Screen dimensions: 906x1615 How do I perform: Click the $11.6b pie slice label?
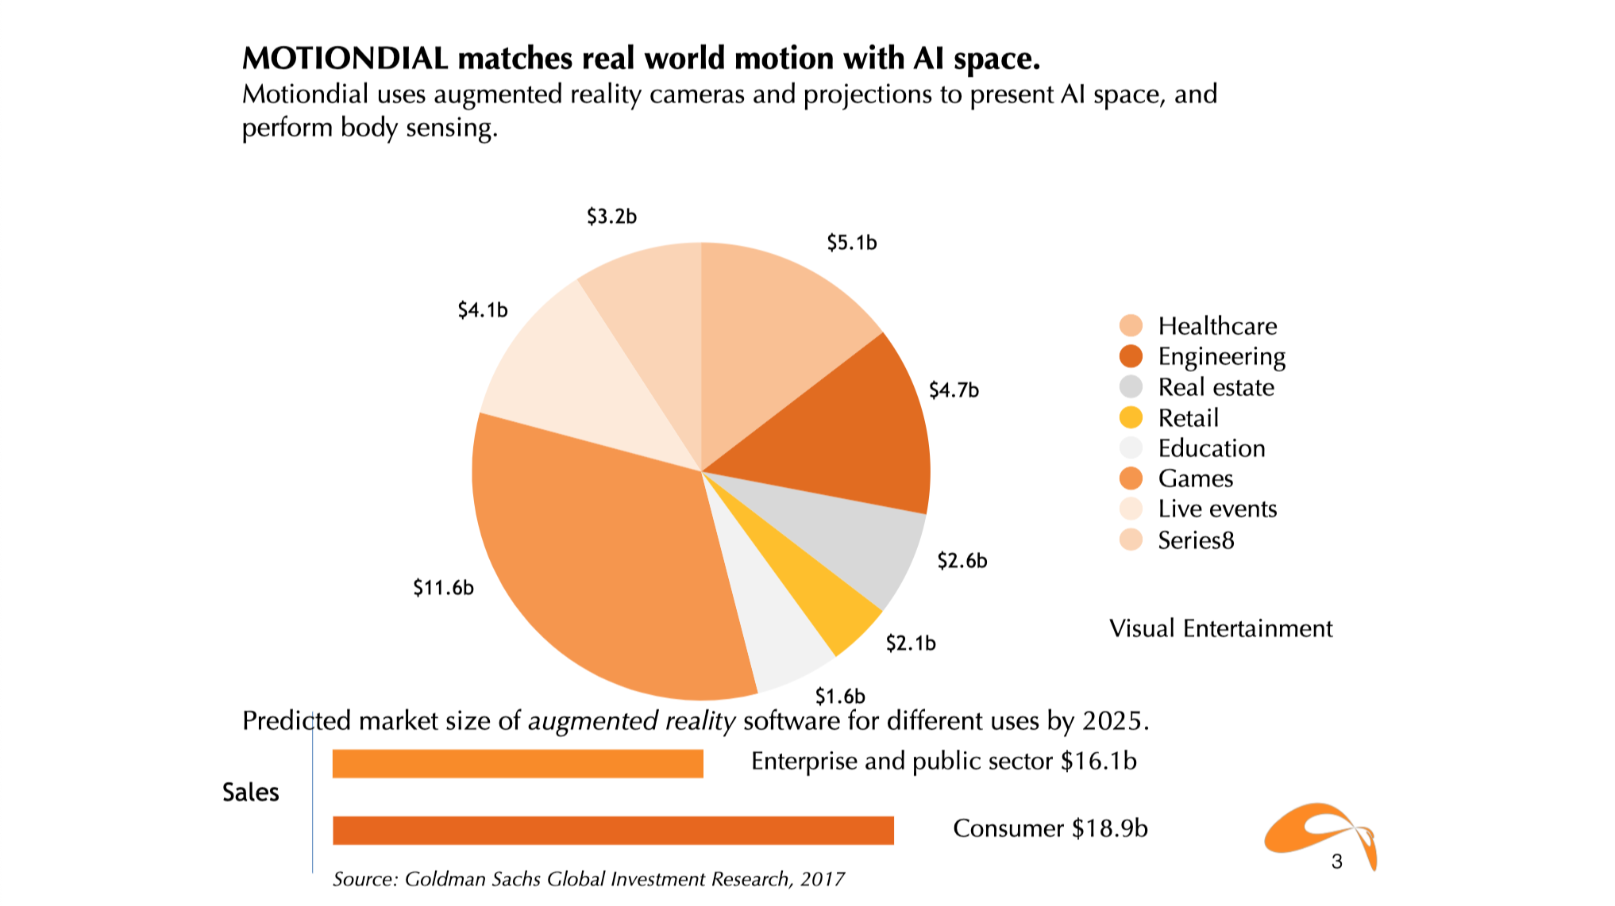click(443, 588)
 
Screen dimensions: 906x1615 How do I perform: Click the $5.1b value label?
click(851, 243)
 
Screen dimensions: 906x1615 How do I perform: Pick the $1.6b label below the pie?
click(840, 697)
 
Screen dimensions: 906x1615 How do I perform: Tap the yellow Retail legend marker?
click(1131, 417)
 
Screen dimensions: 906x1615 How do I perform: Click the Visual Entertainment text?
click(1220, 628)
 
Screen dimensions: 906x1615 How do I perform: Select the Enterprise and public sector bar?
click(518, 763)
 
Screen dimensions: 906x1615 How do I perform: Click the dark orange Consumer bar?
click(613, 830)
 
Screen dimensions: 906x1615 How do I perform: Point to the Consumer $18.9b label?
click(1050, 828)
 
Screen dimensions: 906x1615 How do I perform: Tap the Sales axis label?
click(250, 792)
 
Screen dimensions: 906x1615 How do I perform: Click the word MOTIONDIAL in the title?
click(345, 59)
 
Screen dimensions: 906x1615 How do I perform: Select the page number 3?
click(1337, 862)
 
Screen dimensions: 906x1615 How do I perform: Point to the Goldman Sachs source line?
click(588, 879)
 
